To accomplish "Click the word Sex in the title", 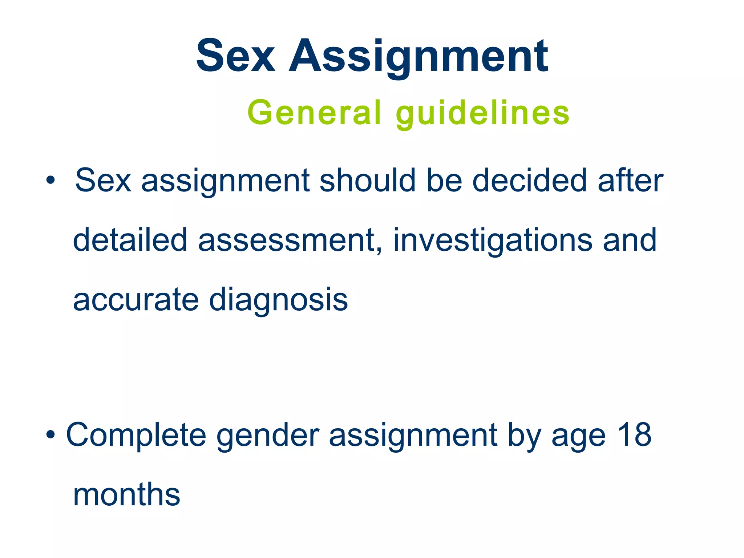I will (x=235, y=56).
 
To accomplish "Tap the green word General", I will (x=315, y=113).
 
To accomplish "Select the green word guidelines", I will (x=482, y=113).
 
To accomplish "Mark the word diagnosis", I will (x=279, y=300).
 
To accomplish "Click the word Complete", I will (x=136, y=435).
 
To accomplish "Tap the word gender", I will (x=268, y=435).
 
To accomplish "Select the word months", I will (x=126, y=494).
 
